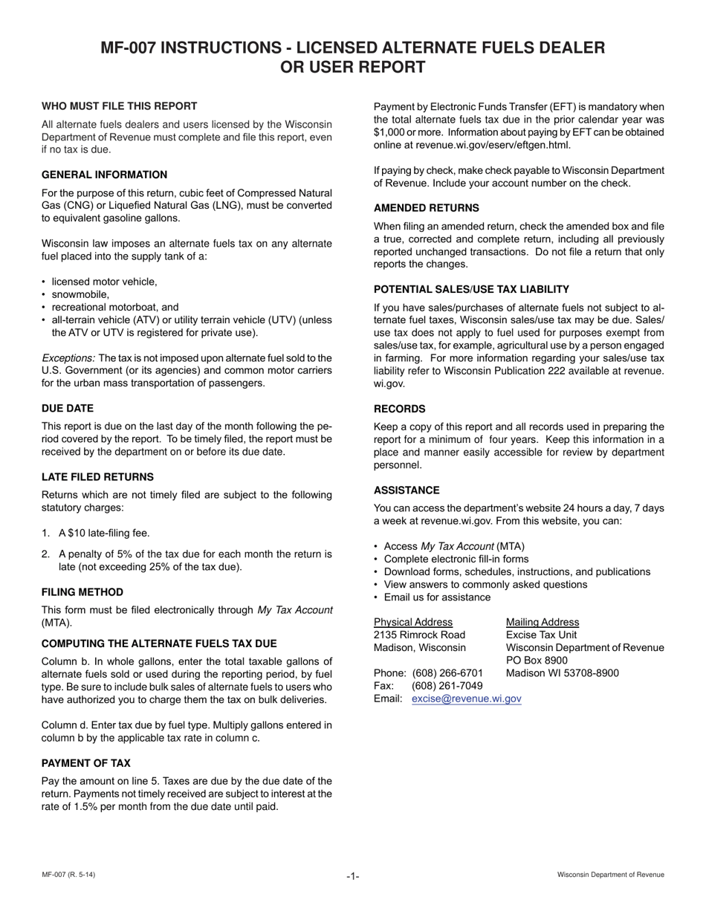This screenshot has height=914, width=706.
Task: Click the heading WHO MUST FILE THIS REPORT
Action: click(x=119, y=106)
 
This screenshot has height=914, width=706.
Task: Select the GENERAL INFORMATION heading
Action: click(x=104, y=175)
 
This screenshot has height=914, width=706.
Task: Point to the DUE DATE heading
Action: click(x=68, y=408)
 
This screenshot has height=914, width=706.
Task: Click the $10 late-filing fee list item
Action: click(x=104, y=533)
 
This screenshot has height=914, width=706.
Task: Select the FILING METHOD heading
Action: click(x=82, y=592)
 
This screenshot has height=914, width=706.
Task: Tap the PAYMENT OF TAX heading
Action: click(x=86, y=763)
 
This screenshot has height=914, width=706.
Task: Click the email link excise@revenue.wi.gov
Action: click(x=466, y=699)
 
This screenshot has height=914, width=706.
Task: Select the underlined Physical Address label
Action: click(x=412, y=622)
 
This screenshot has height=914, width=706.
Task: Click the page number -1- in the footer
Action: click(x=352, y=876)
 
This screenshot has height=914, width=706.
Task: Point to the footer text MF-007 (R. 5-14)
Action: click(x=68, y=875)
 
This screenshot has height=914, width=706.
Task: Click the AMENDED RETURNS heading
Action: click(x=426, y=208)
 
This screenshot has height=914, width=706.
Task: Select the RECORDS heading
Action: click(x=399, y=409)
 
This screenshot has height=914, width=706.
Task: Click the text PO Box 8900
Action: click(x=537, y=661)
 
